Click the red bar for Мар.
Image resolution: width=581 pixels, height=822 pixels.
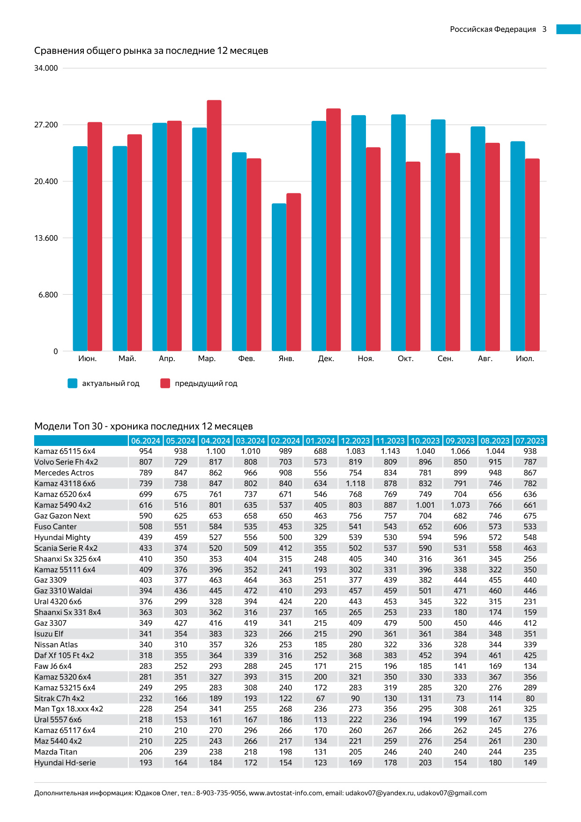[214, 225]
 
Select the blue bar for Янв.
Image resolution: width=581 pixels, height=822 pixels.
[279, 277]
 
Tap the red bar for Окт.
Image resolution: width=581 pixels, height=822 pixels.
[413, 256]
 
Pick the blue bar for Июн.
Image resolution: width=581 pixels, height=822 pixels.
[80, 249]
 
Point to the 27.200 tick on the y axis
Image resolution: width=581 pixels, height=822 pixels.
[46, 125]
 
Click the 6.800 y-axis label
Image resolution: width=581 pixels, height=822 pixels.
[48, 295]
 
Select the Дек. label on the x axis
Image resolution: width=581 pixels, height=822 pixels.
[326, 359]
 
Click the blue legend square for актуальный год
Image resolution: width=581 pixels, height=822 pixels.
[72, 384]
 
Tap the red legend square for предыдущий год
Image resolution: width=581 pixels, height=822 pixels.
[165, 384]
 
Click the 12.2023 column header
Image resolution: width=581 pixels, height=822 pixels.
[355, 441]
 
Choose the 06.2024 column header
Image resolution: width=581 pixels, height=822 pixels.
[146, 441]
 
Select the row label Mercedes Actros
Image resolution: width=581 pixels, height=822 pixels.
[64, 473]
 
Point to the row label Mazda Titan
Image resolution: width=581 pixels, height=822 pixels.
[56, 752]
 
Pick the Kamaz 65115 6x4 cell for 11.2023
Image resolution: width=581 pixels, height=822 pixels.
[390, 452]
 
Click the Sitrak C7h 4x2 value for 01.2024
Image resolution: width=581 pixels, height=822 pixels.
[320, 698]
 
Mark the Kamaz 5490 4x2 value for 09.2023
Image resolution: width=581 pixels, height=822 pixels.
[460, 505]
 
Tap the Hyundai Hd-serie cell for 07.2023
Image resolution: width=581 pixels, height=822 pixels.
[530, 763]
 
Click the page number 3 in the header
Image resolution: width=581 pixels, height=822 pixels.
[544, 30]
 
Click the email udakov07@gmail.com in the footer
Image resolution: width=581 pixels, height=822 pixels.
[452, 793]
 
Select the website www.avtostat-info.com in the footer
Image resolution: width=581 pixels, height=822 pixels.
[285, 793]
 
